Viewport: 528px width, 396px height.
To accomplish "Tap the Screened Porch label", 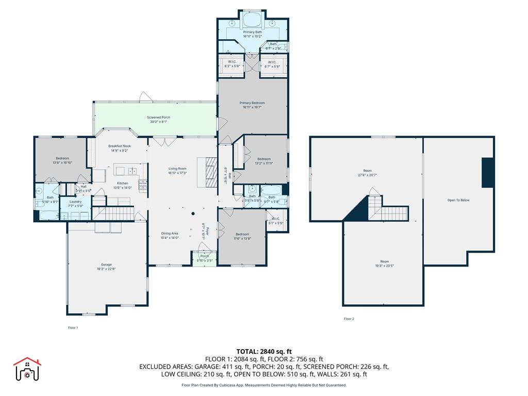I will tap(158, 118).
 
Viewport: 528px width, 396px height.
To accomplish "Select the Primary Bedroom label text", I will tap(252, 103).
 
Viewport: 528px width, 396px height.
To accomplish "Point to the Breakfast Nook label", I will tap(120, 146).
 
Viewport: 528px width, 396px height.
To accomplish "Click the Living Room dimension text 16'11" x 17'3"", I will tap(177, 173).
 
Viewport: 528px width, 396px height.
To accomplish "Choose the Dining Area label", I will tap(169, 234).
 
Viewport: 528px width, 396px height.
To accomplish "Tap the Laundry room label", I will tap(75, 202).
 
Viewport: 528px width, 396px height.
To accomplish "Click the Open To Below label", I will tap(458, 200).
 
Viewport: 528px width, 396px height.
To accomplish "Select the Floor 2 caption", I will tap(349, 319).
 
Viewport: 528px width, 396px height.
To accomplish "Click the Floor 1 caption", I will tap(73, 327).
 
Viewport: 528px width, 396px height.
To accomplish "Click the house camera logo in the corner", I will tap(26, 369).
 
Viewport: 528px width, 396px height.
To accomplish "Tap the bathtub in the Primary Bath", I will tap(252, 20).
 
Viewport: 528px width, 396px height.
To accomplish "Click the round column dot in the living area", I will tap(193, 213).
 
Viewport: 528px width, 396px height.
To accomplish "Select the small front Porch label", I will tap(205, 256).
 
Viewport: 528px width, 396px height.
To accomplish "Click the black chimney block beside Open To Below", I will tap(488, 173).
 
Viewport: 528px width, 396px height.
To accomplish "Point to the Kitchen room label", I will tap(122, 183).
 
